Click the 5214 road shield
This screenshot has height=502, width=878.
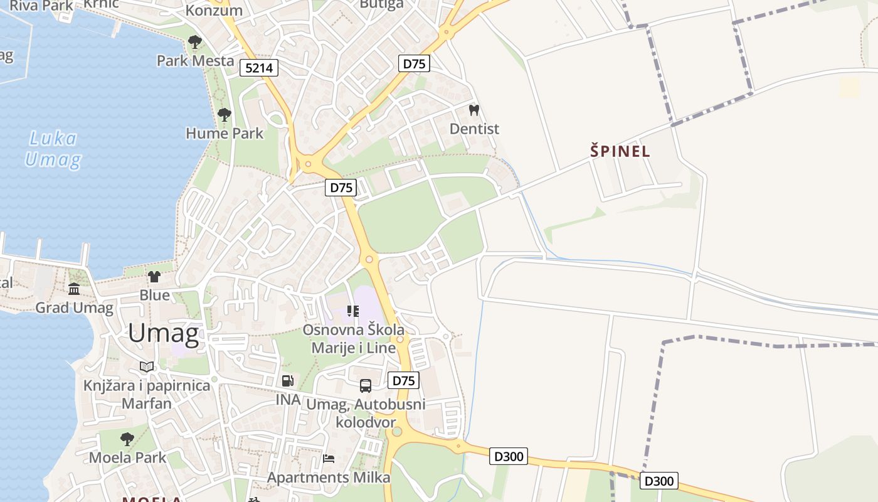click(x=258, y=68)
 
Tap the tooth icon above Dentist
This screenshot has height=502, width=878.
click(x=474, y=110)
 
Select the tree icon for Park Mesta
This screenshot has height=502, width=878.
click(x=195, y=42)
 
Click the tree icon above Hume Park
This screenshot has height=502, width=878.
click(x=224, y=115)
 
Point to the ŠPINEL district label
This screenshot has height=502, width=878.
click(x=620, y=151)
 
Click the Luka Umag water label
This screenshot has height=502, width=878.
click(x=53, y=149)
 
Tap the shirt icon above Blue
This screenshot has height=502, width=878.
click(x=154, y=276)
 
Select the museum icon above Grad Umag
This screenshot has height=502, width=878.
click(x=74, y=289)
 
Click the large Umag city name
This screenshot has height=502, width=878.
click(x=163, y=333)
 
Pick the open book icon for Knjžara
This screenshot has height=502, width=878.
click(x=147, y=366)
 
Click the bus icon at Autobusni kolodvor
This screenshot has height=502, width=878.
click(x=365, y=386)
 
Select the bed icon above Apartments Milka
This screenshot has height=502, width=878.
click(x=328, y=458)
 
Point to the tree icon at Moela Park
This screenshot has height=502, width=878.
click(x=127, y=439)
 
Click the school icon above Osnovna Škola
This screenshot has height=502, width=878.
click(x=353, y=311)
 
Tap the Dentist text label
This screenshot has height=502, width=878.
click(x=474, y=129)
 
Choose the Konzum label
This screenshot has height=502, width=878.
click(x=214, y=11)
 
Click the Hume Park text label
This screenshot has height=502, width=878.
click(x=225, y=133)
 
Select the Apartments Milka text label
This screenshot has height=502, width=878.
click(x=329, y=478)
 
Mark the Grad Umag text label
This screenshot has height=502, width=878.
click(x=74, y=307)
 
